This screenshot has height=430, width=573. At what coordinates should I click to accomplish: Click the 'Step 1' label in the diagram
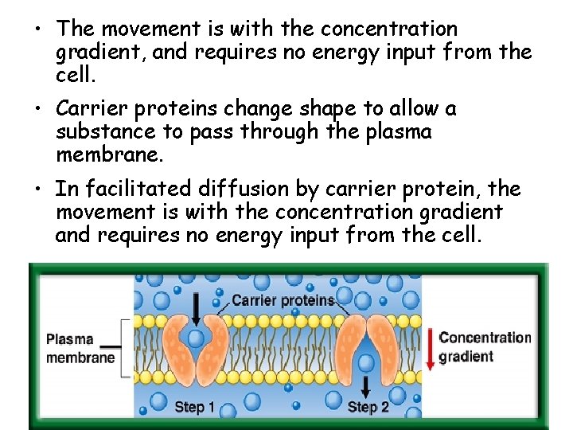pyautogui.click(x=194, y=408)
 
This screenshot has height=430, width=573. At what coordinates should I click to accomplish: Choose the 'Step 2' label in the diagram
pyautogui.click(x=368, y=408)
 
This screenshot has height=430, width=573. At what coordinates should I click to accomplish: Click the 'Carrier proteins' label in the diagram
pyautogui.click(x=283, y=300)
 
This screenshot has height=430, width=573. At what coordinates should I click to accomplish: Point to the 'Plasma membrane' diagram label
pyautogui.click(x=80, y=349)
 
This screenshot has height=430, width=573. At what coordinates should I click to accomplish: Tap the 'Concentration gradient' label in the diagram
pyautogui.click(x=484, y=346)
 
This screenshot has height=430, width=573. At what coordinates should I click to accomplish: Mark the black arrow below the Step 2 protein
pyautogui.click(x=366, y=388)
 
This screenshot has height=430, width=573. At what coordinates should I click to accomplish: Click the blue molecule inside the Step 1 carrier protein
pyautogui.click(x=196, y=338)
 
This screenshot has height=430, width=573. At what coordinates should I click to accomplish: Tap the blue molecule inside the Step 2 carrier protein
pyautogui.click(x=366, y=363)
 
